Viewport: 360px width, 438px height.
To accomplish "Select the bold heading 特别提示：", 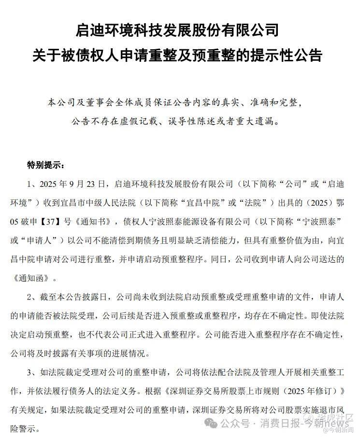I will pyautogui.click(x=45, y=165).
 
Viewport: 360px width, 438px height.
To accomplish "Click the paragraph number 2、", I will pyautogui.click(x=31, y=297).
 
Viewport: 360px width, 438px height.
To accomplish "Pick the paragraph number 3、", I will pyautogui.click(x=31, y=372).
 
